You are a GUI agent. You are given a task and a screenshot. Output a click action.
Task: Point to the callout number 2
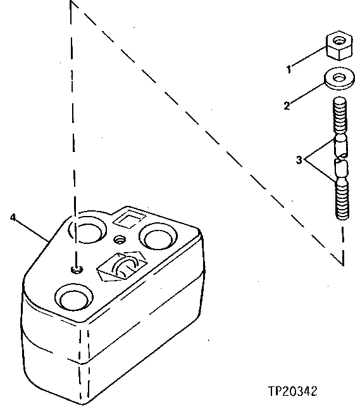(x=286, y=106)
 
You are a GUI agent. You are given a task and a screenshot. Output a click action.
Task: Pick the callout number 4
(x=13, y=217)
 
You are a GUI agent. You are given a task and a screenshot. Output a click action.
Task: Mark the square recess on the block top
(x=126, y=219)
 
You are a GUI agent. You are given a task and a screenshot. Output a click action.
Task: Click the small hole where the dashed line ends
(x=76, y=269)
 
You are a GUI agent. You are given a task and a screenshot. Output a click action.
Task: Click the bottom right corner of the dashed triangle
(x=343, y=262)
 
